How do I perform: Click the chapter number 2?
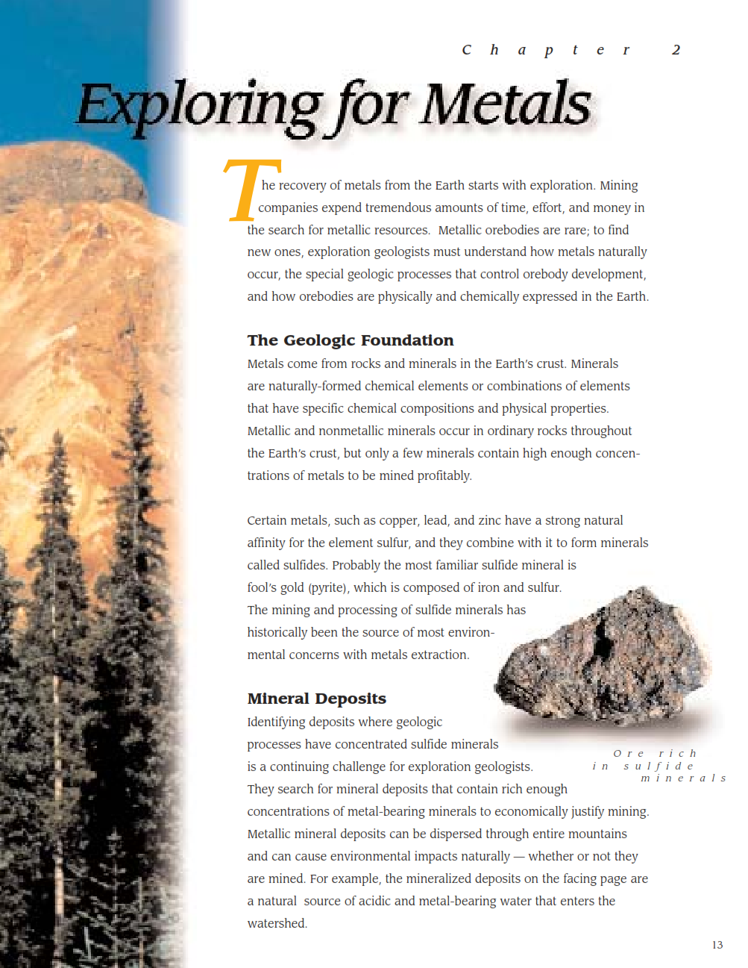pos(676,50)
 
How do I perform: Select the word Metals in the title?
pos(506,104)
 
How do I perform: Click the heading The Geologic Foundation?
pos(351,340)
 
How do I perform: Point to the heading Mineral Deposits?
pos(317,699)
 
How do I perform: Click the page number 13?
pos(717,945)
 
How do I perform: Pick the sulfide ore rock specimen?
pos(604,657)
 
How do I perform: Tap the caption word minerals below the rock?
pos(683,778)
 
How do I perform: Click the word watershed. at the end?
pos(277,923)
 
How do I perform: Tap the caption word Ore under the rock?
pos(629,754)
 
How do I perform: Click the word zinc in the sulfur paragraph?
pos(491,520)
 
